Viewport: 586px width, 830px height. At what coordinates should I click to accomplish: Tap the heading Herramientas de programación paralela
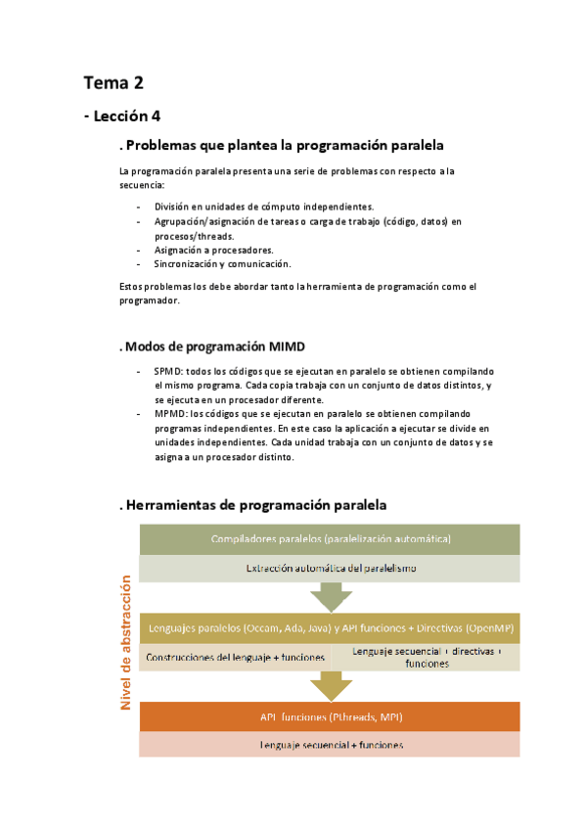tap(254, 505)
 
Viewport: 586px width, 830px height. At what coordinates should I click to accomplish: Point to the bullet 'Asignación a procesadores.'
tap(213, 250)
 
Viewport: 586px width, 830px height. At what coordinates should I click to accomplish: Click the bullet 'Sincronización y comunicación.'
tap(222, 263)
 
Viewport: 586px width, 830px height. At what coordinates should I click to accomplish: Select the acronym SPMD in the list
tap(167, 372)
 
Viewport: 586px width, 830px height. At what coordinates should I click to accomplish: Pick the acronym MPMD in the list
tap(168, 414)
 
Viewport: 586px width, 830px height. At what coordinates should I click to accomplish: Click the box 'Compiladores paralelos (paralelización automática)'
tap(330, 539)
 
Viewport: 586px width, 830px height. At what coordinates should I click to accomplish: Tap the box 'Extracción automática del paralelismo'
tap(330, 568)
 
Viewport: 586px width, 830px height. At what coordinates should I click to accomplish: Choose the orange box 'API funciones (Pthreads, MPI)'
tap(330, 716)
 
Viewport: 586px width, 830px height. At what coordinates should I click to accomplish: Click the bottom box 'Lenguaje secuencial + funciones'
tap(330, 745)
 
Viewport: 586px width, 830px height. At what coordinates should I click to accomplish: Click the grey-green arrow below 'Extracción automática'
tap(331, 596)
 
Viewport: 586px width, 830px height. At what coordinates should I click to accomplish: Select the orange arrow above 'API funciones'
tap(331, 685)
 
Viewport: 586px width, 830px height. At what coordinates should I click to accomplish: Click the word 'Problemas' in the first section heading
tap(163, 146)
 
